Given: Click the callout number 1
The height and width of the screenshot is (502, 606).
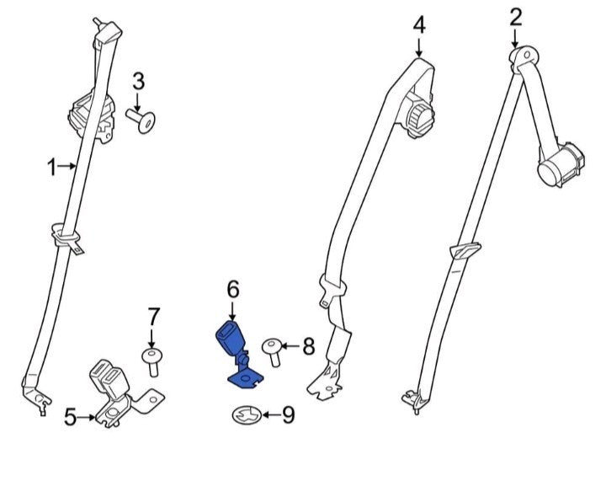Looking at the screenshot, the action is [x=52, y=168].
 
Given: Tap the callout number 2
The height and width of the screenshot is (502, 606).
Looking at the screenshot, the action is [x=516, y=18].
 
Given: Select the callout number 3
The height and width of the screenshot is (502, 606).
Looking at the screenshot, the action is [x=138, y=82].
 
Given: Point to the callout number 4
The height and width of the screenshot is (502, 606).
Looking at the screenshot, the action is [x=419, y=25].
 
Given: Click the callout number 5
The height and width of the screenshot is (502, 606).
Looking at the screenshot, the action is [x=71, y=417].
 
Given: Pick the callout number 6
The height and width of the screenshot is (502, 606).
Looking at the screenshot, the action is [x=233, y=289].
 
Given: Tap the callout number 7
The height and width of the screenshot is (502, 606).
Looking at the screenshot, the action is [x=153, y=317].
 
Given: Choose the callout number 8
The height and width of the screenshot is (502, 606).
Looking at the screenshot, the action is [x=308, y=346].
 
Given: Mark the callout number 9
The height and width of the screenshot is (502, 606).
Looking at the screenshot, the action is [x=289, y=415].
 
